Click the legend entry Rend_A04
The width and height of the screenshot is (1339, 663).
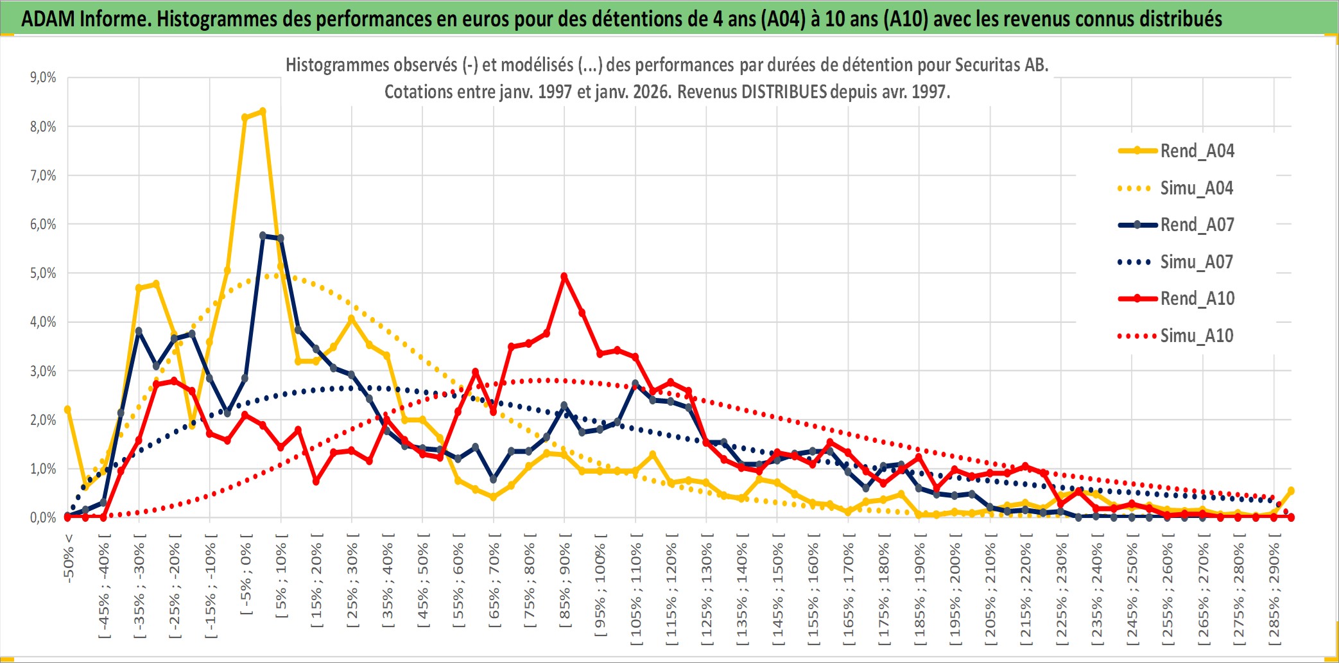[x=1196, y=151]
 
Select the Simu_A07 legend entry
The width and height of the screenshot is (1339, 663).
[x=1196, y=262]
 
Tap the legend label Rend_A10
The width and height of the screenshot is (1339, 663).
[x=1196, y=298]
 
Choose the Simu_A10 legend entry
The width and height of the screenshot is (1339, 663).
[x=1196, y=336]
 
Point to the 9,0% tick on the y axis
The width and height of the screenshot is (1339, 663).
[x=43, y=78]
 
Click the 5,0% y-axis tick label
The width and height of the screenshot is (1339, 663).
[x=43, y=273]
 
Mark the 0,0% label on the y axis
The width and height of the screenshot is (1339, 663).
[x=43, y=517]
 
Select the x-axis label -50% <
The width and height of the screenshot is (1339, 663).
[x=69, y=558]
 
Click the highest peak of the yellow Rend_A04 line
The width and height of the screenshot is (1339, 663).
[x=263, y=112]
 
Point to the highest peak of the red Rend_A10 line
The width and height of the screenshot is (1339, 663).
[x=564, y=277]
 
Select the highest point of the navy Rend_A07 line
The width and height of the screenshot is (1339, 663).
[x=263, y=236]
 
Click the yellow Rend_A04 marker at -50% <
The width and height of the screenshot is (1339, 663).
[x=67, y=409]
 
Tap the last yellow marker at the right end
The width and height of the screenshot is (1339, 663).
[x=1291, y=490]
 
